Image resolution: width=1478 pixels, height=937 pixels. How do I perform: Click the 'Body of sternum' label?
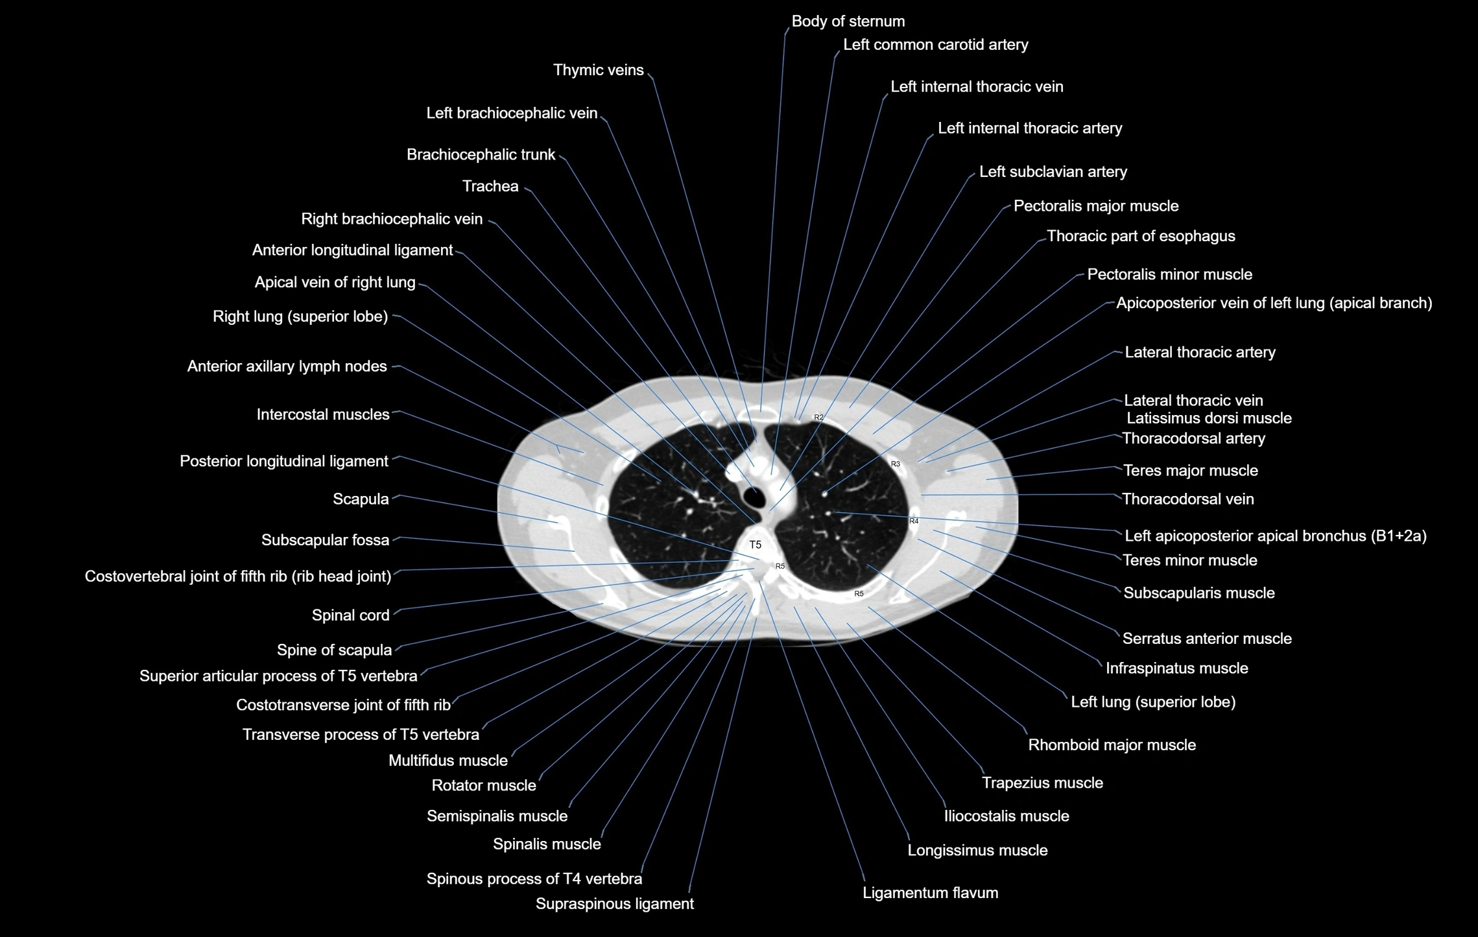[848, 21]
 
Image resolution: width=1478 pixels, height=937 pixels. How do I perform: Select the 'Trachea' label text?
[490, 187]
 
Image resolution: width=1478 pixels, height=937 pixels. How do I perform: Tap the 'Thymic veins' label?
[598, 70]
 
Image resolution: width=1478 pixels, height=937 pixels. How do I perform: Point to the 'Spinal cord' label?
[350, 615]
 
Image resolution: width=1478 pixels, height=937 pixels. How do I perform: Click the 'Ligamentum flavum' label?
[930, 893]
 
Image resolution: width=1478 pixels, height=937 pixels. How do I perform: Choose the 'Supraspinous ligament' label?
[614, 904]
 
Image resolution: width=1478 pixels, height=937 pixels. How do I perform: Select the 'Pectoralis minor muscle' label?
[1169, 274]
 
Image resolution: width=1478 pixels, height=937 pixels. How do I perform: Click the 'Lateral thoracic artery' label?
[1200, 352]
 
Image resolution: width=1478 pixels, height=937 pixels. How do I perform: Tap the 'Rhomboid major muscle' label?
[1112, 745]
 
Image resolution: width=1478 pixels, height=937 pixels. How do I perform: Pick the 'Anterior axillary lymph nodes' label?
[287, 366]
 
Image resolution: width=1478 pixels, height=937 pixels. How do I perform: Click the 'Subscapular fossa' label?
[325, 540]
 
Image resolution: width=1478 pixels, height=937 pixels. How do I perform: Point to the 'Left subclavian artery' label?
[1053, 172]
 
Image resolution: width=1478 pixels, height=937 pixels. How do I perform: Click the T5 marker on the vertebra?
[755, 545]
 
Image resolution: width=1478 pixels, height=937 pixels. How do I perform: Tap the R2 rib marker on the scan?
[818, 418]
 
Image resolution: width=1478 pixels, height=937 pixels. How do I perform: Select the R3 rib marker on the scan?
[895, 464]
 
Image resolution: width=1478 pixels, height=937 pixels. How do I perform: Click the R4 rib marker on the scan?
[914, 521]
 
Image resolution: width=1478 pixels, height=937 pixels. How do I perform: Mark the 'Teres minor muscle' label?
[1189, 560]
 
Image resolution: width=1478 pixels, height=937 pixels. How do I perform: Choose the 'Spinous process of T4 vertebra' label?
[534, 879]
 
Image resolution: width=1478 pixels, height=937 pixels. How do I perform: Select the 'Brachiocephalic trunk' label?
[481, 155]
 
